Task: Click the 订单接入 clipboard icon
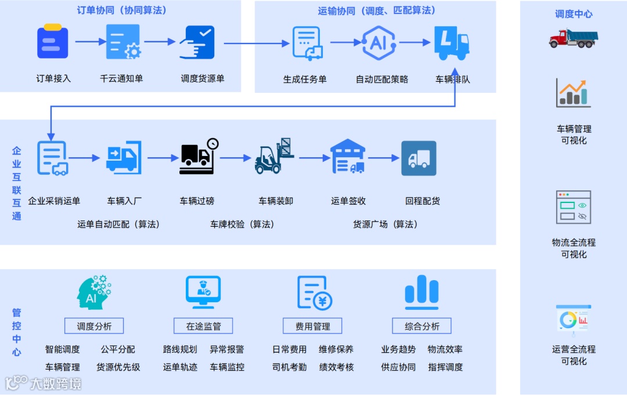pos(53,41)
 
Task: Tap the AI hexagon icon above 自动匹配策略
pos(379,42)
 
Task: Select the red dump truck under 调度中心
pos(573,38)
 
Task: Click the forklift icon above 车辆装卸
pos(274,157)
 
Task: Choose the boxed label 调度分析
pos(94,327)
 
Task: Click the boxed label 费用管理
pos(312,327)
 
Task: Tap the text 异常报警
pos(226,350)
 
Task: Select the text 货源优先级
pos(118,367)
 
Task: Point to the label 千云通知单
pos(121,78)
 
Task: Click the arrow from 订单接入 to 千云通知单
pos(88,42)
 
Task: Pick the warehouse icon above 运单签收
pos(348,157)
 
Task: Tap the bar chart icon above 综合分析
pos(421,292)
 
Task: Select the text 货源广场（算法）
pos(385,224)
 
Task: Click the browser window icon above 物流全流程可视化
pos(573,207)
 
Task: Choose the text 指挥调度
pos(445,367)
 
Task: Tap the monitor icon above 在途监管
pos(203,292)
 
